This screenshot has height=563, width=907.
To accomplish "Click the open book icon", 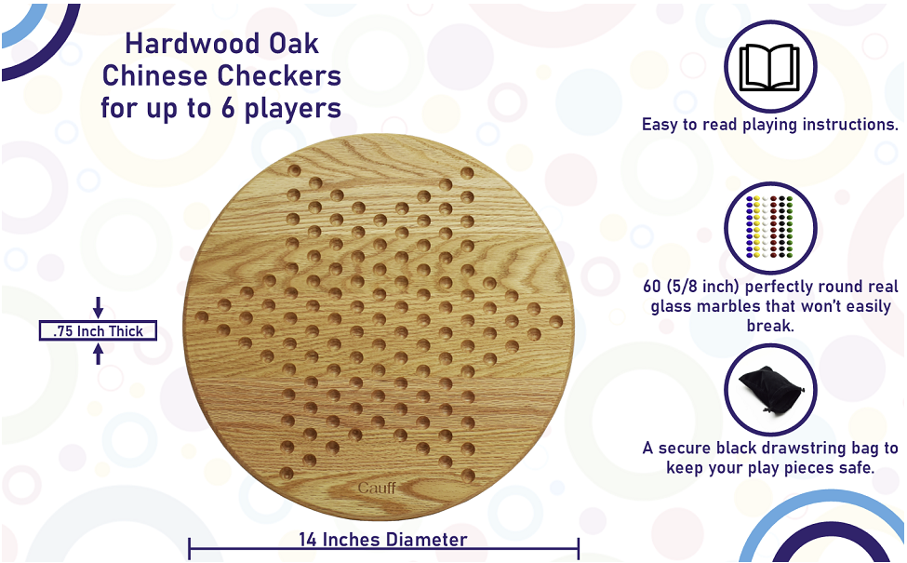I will click(x=769, y=66).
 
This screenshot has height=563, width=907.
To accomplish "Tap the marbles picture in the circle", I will click(x=769, y=228).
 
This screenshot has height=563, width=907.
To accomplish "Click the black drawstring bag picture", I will click(x=769, y=390).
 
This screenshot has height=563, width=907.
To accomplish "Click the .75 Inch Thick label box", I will click(x=98, y=330).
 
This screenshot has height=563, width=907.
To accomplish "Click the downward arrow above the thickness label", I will click(x=99, y=309).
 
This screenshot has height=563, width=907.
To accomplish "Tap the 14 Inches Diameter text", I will click(x=383, y=540).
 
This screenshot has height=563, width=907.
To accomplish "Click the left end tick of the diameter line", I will click(x=190, y=547).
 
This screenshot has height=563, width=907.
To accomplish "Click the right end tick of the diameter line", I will click(x=579, y=547).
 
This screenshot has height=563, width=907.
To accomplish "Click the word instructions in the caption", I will click(x=848, y=125).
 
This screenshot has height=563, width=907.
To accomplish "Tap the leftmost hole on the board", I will click(x=202, y=317).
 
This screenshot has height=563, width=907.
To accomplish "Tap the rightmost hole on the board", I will click(x=555, y=322).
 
